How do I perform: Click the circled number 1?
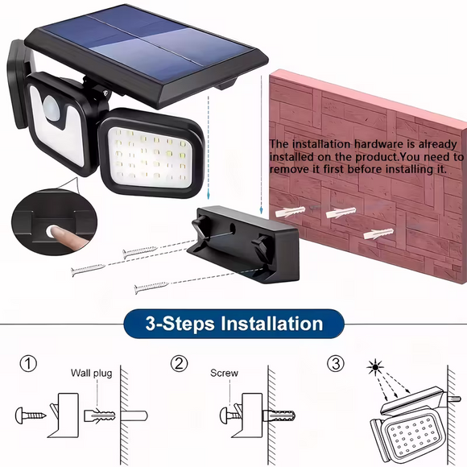30,364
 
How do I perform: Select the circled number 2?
180,364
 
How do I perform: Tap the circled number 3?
336,364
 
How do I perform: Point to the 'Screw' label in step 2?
224,373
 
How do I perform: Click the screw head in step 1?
22,415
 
